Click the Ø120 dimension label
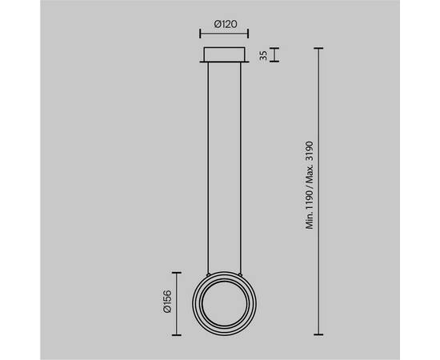[x=226, y=24]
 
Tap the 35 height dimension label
[x=263, y=55]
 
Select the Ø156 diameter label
[x=167, y=302]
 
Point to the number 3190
[x=310, y=151]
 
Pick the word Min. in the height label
[x=310, y=220]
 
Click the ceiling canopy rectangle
[x=224, y=54]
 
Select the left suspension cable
[x=208, y=167]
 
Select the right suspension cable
[x=241, y=167]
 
